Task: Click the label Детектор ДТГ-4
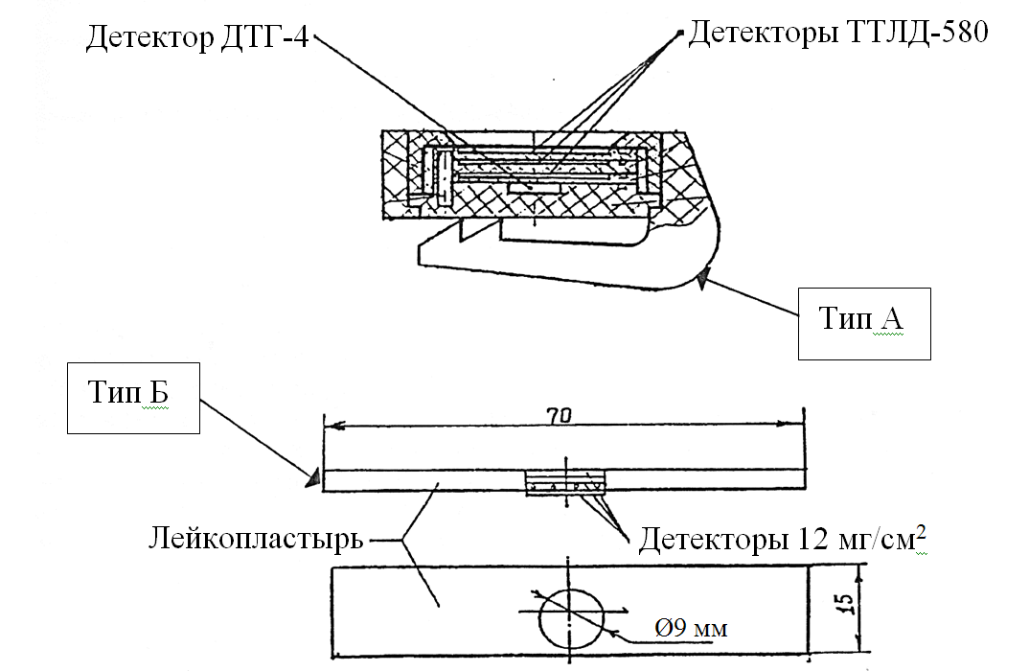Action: (x=197, y=37)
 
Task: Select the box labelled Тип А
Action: (x=863, y=321)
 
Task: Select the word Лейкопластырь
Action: (x=256, y=540)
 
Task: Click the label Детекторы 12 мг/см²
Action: (x=783, y=540)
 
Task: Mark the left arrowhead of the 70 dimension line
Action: (x=332, y=427)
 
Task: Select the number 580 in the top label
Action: (x=960, y=34)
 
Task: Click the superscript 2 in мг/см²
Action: (x=922, y=531)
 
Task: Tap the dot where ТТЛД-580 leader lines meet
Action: (x=681, y=35)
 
